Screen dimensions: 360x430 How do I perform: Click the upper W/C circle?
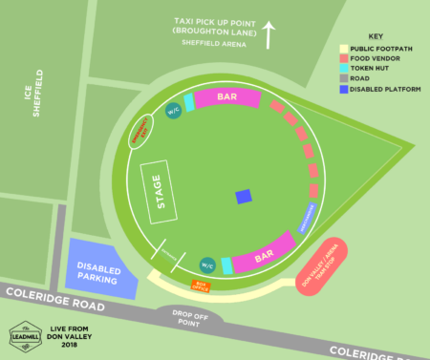[173, 111]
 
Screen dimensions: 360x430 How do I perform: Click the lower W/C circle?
[207, 264]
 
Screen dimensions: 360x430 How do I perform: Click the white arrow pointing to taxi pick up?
[269, 37]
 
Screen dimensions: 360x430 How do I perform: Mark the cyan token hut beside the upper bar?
[189, 101]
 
